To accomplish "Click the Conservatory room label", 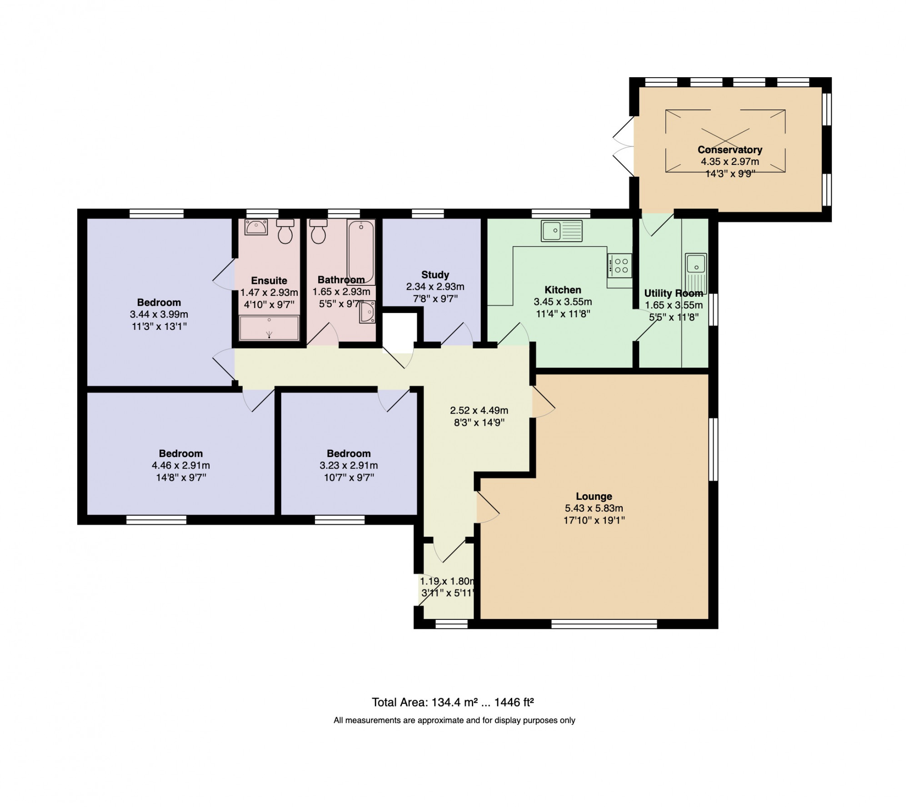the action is (730, 149).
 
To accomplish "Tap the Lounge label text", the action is (594, 496).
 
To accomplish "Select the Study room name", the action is (435, 274).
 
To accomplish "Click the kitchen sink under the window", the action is (561, 230).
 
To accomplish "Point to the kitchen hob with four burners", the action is (619, 265).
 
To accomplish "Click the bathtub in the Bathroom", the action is (361, 252).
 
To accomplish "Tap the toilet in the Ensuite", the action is (285, 231).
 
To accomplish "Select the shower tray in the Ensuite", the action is (269, 328).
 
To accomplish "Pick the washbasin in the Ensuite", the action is (256, 227).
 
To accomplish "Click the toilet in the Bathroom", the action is (319, 231).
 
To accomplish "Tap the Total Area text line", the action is (453, 702).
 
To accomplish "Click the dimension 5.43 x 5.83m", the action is (594, 508).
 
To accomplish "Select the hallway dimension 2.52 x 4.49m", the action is (479, 410).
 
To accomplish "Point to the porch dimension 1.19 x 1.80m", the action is (448, 581).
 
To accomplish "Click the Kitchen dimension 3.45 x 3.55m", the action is (563, 302).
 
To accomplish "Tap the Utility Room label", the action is (674, 294).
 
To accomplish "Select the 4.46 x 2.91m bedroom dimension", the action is (181, 465).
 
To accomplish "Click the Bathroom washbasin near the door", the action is (367, 312).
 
